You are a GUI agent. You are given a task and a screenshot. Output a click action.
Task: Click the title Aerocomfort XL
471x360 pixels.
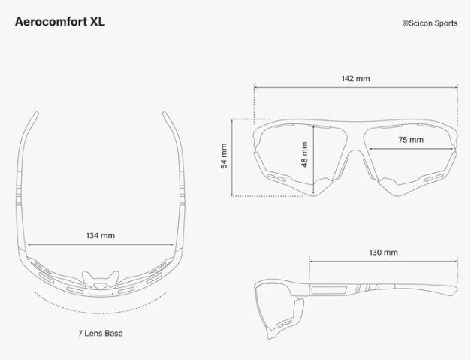click(x=60, y=21)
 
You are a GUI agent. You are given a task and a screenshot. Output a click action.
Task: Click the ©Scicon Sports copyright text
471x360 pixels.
click(x=430, y=23)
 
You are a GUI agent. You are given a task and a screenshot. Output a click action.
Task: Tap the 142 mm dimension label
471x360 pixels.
click(x=355, y=78)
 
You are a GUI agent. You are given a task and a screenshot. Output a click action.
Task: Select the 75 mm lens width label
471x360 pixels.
click(x=410, y=140)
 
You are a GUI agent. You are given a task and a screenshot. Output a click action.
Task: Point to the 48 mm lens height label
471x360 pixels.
click(x=304, y=155)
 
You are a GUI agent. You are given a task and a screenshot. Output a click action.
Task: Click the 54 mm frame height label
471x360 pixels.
click(x=224, y=156)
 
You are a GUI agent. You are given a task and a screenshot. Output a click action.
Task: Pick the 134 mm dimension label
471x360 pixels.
click(x=101, y=235)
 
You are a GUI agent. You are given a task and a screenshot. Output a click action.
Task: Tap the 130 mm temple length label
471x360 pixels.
click(x=384, y=252)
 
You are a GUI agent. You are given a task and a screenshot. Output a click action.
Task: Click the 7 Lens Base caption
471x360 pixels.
click(x=100, y=333)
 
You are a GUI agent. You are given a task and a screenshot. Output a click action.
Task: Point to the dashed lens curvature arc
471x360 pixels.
click(x=100, y=308)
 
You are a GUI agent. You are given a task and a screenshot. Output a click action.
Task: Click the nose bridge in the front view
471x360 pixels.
click(x=355, y=150)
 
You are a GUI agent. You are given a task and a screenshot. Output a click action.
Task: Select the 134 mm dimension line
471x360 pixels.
click(x=101, y=246)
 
